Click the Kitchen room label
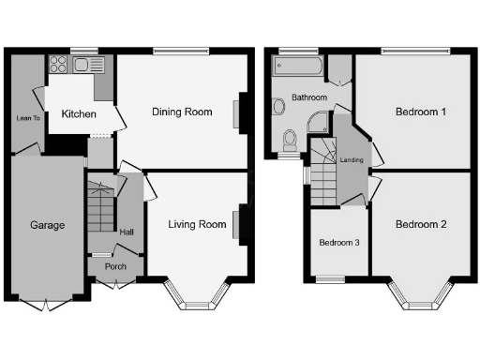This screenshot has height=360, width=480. [x=79, y=113]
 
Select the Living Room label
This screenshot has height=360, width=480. [x=197, y=224]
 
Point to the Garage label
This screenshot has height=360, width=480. [x=47, y=225]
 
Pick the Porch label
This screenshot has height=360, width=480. [x=115, y=266]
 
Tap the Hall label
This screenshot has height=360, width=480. [x=127, y=231]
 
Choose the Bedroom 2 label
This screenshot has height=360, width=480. [x=420, y=224]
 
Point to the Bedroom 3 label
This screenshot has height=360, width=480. [x=337, y=242]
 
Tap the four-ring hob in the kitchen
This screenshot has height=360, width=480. [x=58, y=65]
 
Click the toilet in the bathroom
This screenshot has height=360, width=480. [x=290, y=141]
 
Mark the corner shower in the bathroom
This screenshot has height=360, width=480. [x=320, y=120]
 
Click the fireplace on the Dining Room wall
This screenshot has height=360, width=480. [x=240, y=112]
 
